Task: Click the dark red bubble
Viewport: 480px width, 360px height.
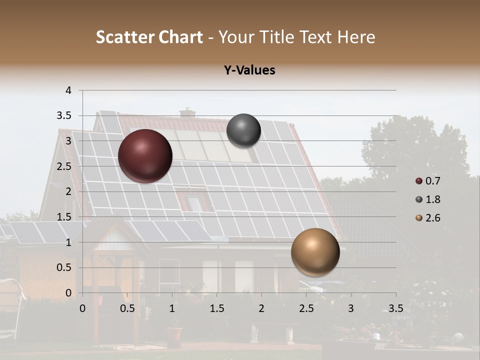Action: [x=145, y=156]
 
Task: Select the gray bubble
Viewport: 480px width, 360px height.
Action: [x=243, y=130]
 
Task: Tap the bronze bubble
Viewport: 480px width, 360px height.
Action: [x=315, y=252]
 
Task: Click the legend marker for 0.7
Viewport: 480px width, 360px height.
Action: [x=418, y=181]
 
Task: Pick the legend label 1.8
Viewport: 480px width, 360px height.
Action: [x=433, y=199]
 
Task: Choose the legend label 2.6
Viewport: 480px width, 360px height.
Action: [x=433, y=218]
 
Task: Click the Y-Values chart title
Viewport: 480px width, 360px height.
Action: [x=249, y=70]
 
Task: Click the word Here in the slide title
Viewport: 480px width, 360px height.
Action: [x=356, y=37]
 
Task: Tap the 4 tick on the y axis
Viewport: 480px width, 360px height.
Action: [x=69, y=90]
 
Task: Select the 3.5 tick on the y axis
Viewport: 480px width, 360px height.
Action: [x=65, y=116]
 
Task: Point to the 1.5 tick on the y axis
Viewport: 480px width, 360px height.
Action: [x=65, y=217]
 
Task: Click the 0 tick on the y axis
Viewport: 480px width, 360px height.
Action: [x=69, y=293]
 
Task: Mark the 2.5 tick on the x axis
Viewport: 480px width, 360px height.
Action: [x=305, y=308]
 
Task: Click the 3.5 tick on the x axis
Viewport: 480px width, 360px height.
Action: [x=395, y=308]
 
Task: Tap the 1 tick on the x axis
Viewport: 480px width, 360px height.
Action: [x=172, y=308]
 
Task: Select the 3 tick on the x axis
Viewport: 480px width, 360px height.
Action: [x=351, y=308]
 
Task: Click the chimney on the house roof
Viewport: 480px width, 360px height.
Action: [x=187, y=113]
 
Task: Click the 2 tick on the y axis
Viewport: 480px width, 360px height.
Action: [x=69, y=191]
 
